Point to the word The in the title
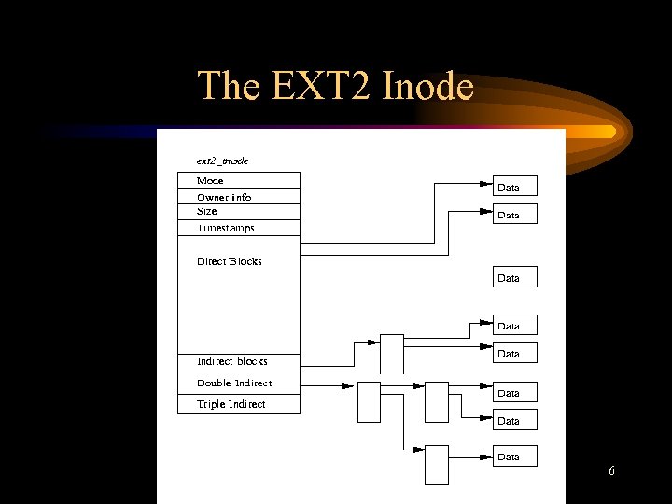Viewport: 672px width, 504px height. coord(228,86)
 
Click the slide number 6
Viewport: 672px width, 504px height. coord(611,471)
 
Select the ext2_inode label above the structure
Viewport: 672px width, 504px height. coord(222,161)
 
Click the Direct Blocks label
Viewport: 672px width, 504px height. coord(230,261)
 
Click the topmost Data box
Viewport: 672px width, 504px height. coord(515,188)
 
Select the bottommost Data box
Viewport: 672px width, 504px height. coord(515,456)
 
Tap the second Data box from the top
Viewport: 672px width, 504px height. coord(515,215)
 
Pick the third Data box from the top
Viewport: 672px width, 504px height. coord(515,277)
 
